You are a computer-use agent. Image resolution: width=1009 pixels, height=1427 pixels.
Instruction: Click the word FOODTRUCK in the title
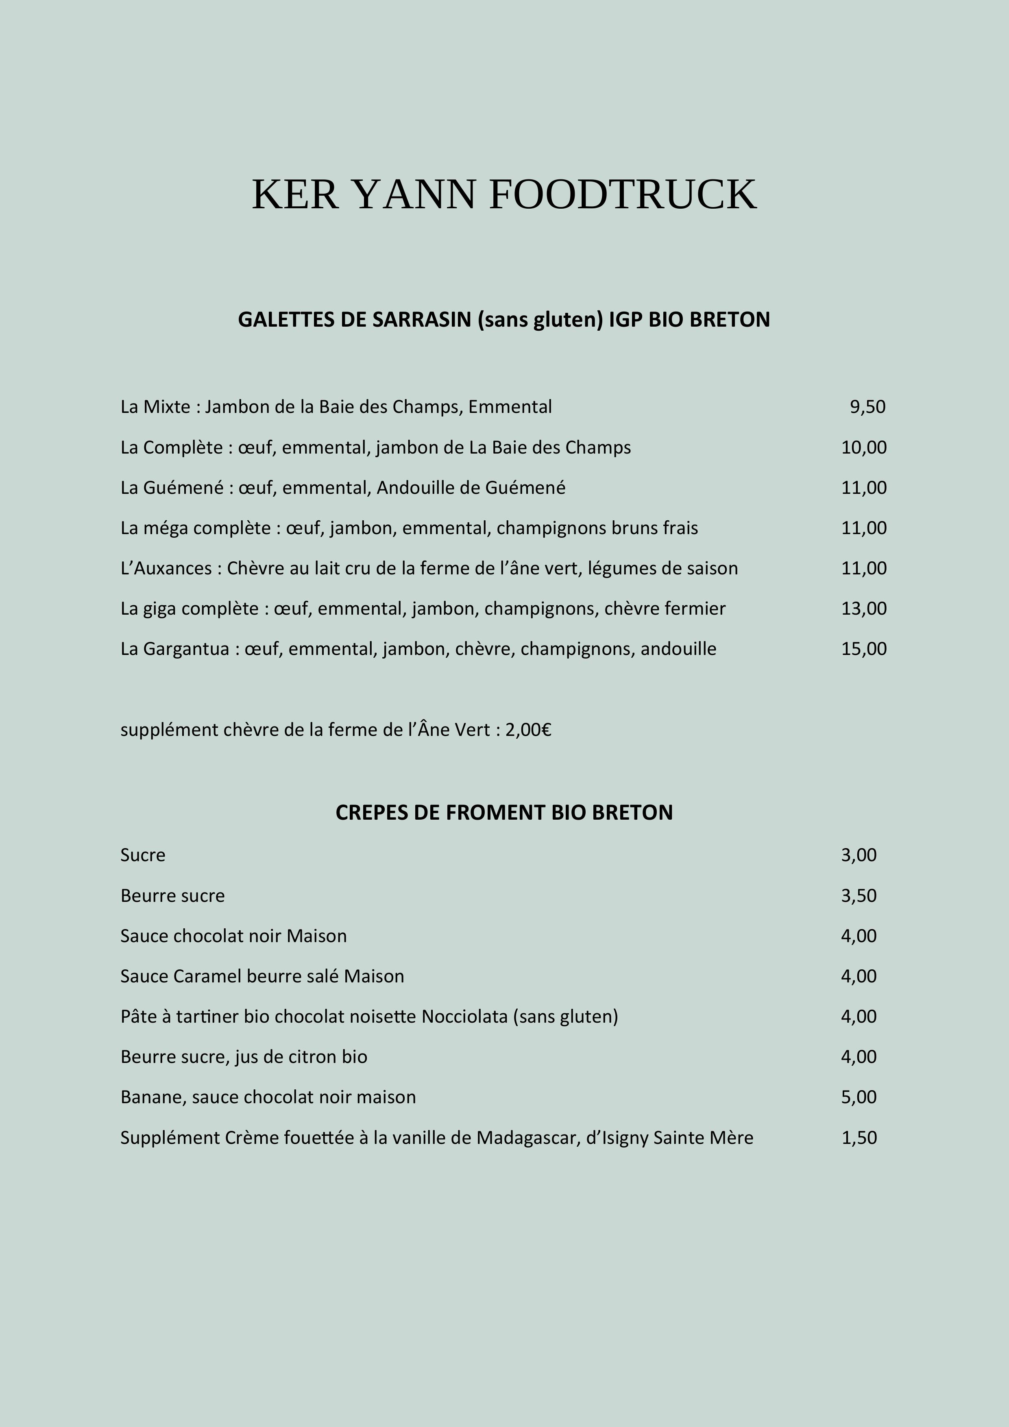point(623,194)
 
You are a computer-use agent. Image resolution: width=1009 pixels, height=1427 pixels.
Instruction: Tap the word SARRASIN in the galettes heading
point(422,319)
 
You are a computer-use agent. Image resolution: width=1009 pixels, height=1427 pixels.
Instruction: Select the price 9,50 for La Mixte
point(867,407)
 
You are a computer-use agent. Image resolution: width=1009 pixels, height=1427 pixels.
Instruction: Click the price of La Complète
point(864,447)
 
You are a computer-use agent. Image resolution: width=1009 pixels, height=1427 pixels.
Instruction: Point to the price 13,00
point(864,609)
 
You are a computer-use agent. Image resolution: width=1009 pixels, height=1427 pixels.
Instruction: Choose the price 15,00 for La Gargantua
point(864,649)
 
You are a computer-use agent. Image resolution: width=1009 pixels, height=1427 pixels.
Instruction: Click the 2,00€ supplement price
point(528,730)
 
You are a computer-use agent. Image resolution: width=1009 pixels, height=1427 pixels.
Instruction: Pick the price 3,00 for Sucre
point(859,855)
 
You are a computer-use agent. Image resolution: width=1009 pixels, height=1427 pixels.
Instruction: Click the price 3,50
point(859,896)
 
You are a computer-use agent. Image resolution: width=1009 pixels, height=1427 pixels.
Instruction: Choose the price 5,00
point(859,1097)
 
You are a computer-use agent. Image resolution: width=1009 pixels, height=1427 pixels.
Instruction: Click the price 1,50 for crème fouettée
point(859,1138)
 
